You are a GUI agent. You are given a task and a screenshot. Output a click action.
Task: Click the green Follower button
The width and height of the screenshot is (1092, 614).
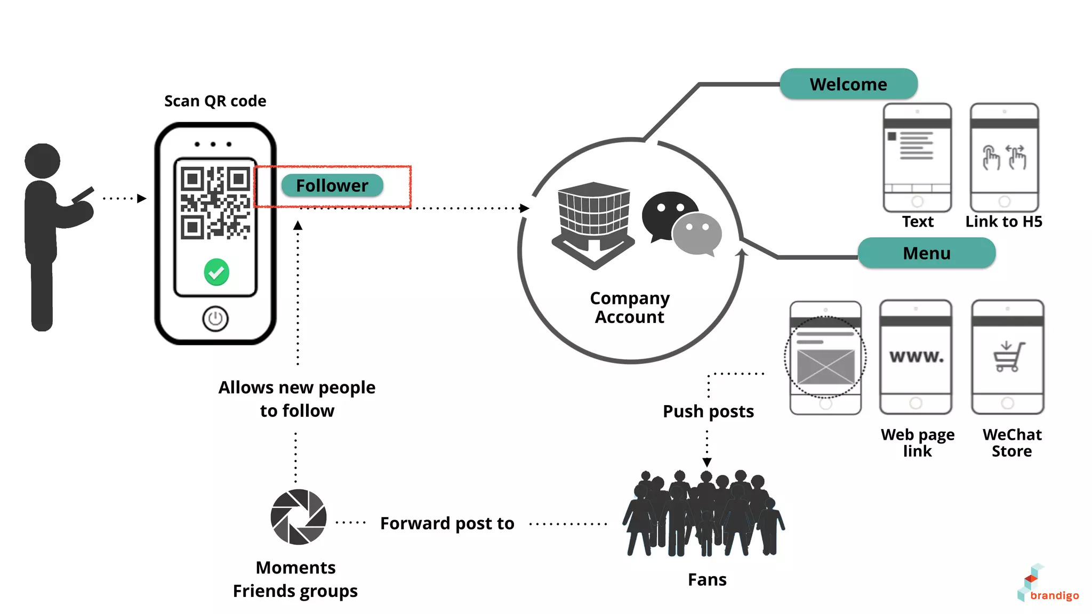[x=332, y=185]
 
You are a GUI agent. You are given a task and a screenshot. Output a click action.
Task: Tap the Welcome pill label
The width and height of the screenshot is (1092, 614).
[x=848, y=84]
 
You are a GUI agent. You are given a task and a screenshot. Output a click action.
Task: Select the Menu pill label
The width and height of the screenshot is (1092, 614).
[x=926, y=253]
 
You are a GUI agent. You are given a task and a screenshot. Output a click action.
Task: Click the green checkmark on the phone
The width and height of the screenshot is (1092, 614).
[x=216, y=272]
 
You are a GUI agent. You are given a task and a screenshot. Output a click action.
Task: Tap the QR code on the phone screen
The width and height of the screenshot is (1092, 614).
[x=215, y=203]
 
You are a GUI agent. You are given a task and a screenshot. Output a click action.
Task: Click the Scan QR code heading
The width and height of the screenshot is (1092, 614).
[x=215, y=101]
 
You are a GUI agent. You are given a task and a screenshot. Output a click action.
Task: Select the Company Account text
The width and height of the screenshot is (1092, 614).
[x=629, y=308]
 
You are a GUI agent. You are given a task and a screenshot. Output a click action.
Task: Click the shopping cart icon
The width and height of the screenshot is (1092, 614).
[x=1008, y=357]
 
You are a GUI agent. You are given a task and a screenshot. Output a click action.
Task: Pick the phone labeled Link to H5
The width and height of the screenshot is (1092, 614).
[x=1004, y=158]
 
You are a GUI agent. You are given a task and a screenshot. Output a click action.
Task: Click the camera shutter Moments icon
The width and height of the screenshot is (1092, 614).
[x=298, y=516]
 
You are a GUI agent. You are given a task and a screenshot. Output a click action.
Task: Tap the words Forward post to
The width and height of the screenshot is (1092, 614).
[x=447, y=523]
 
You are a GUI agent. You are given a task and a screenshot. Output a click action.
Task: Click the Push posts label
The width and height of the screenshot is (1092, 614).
[x=708, y=411]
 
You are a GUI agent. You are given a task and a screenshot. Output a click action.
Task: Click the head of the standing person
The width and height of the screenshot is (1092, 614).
[x=43, y=160]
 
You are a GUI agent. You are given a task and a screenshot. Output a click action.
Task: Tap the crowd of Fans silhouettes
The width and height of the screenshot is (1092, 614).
[x=704, y=514]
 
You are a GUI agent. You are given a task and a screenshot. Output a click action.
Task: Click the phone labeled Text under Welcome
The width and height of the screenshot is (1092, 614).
[x=917, y=158]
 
